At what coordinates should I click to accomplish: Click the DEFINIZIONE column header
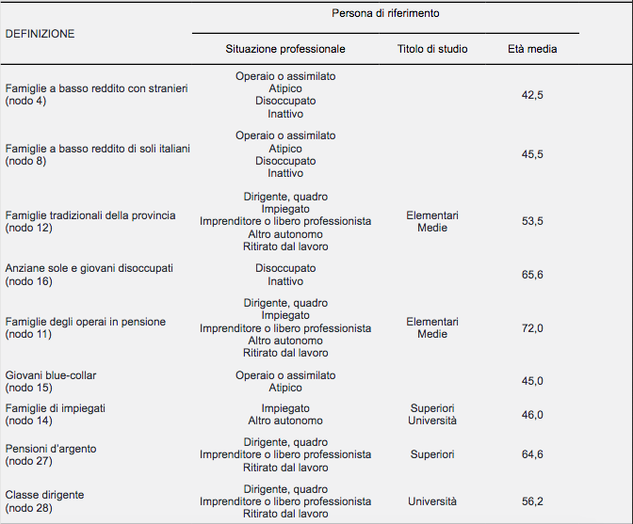(x=40, y=34)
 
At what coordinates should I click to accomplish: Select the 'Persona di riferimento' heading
(x=385, y=13)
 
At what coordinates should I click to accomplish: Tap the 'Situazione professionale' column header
(x=285, y=49)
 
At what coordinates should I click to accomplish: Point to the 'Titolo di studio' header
(x=432, y=49)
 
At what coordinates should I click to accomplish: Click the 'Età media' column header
(x=532, y=49)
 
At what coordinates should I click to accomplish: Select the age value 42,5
(x=532, y=95)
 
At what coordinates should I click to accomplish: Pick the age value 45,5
(x=532, y=154)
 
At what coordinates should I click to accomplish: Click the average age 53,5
(x=532, y=221)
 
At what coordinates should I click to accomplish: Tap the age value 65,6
(x=532, y=275)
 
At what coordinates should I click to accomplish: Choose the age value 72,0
(x=532, y=328)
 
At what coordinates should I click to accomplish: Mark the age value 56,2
(x=532, y=501)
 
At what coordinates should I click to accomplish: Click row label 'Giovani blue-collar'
(x=51, y=375)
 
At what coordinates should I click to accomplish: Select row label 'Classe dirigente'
(x=45, y=495)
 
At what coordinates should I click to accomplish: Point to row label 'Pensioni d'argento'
(x=51, y=449)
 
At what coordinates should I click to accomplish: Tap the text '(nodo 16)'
(x=28, y=281)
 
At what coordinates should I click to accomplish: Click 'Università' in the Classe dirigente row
(x=432, y=501)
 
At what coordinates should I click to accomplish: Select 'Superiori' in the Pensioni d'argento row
(x=432, y=454)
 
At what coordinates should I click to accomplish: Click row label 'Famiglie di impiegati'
(x=56, y=408)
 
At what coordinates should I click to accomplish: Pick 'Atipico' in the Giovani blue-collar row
(x=285, y=388)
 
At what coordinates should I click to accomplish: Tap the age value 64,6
(x=532, y=454)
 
